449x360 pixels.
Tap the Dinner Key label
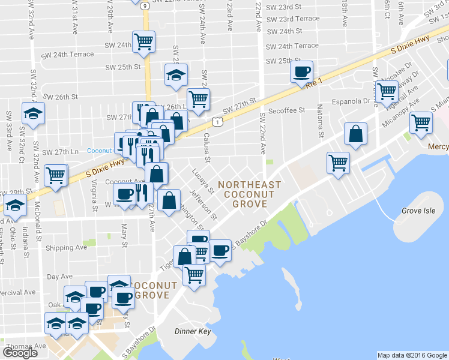[x=190, y=331]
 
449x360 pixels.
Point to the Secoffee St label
[x=288, y=110]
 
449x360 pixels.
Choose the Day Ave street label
[x=59, y=277]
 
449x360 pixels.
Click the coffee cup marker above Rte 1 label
[x=301, y=72]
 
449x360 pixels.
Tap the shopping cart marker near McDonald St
[x=56, y=175]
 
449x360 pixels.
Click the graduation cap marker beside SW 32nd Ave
[x=33, y=113]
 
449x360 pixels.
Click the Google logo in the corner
[x=20, y=353]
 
